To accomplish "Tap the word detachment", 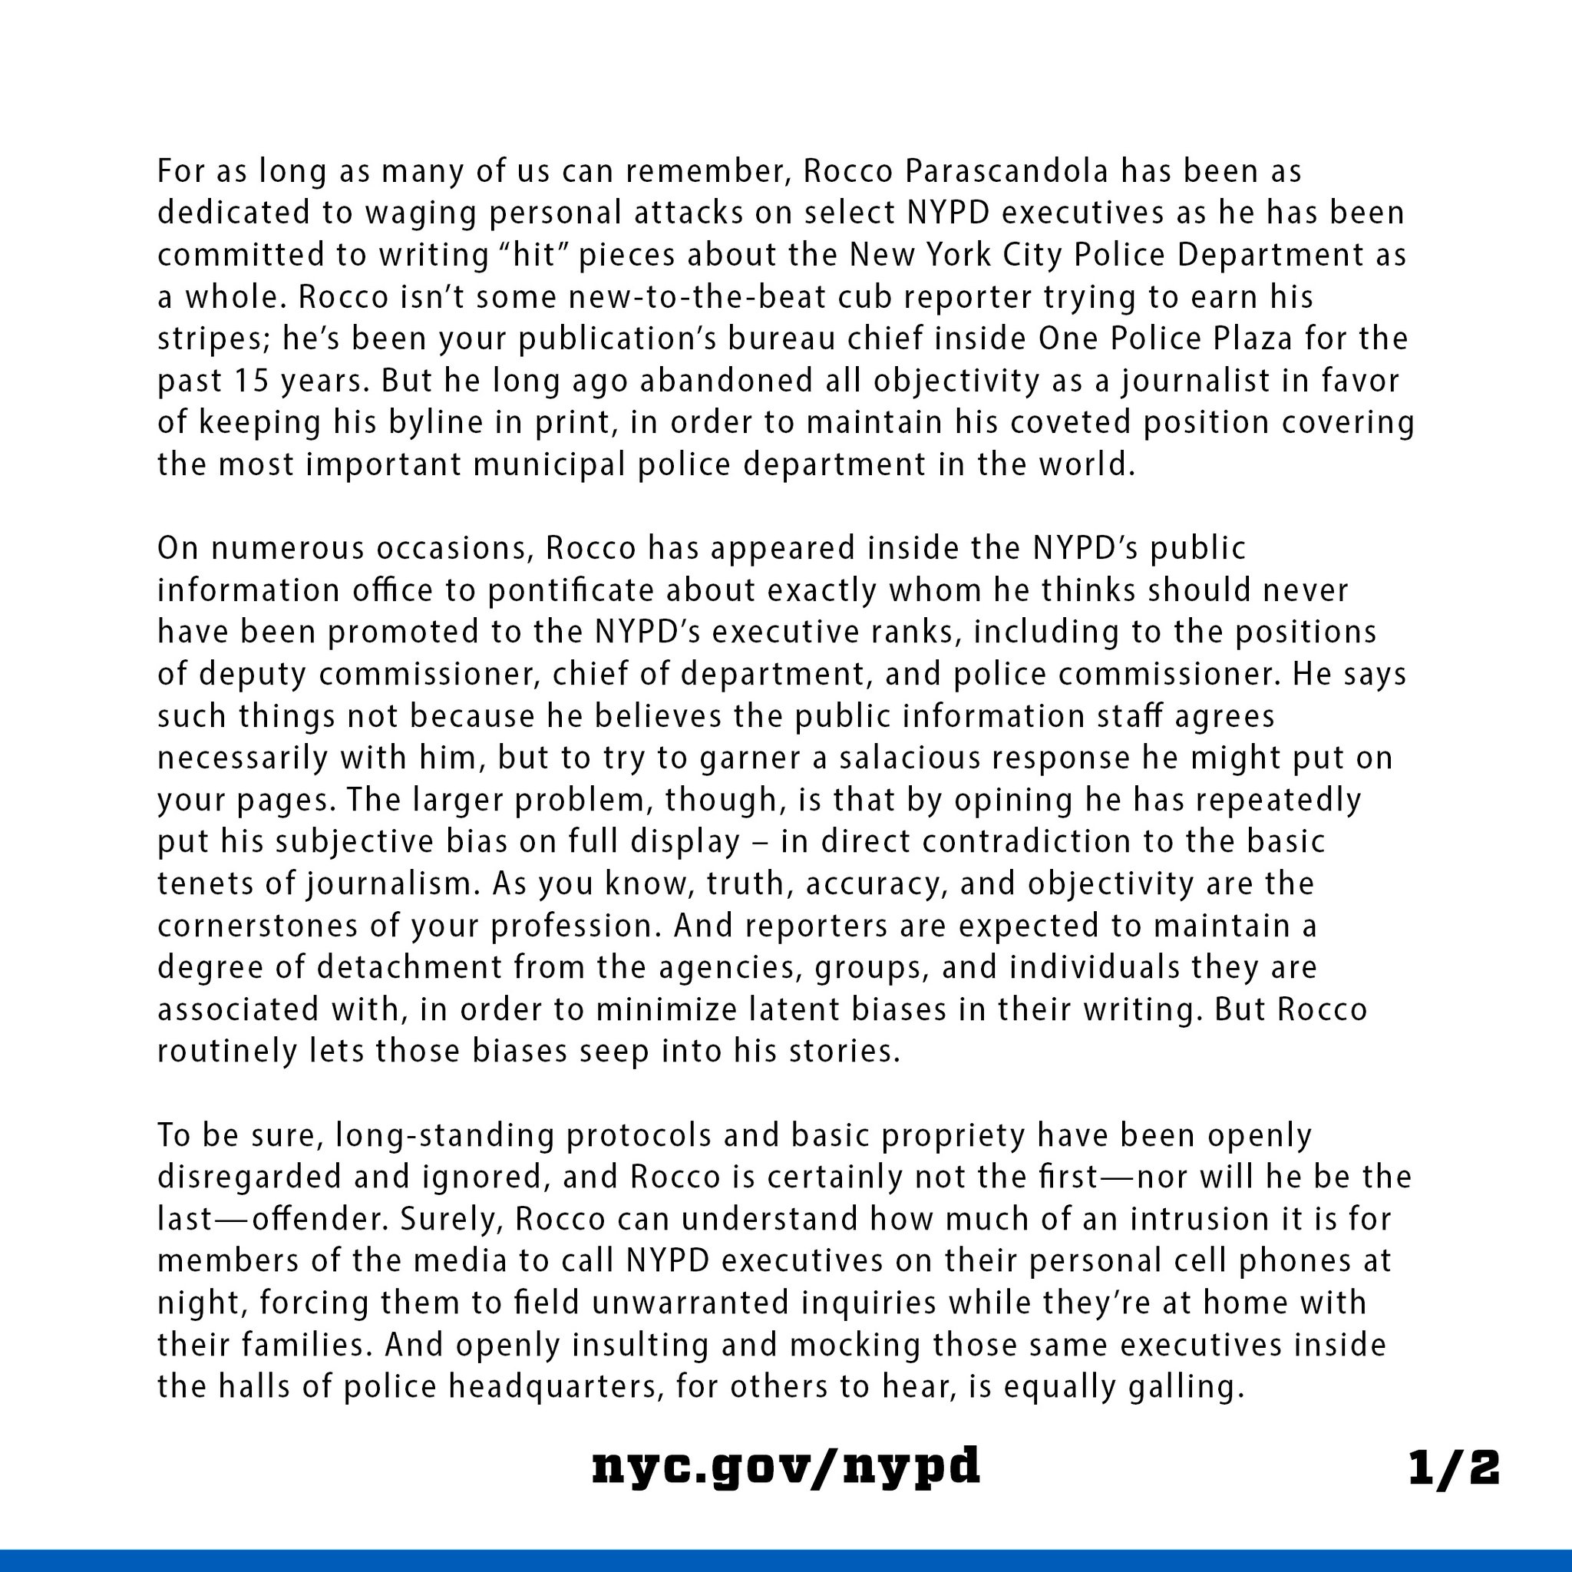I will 410,967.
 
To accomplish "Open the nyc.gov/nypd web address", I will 786,1467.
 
